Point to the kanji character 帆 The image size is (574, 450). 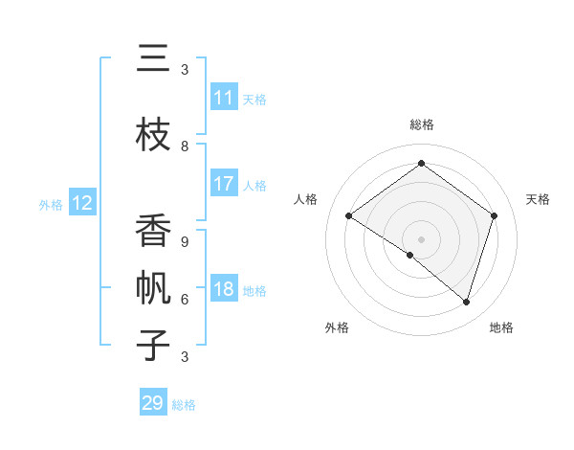(154, 290)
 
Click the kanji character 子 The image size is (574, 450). (154, 344)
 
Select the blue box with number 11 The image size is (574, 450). (224, 98)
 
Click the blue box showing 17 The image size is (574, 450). (224, 184)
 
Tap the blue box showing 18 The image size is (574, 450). (224, 290)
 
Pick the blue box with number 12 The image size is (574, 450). (81, 203)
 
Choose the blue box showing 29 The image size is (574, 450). (153, 403)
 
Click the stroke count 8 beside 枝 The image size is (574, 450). (185, 146)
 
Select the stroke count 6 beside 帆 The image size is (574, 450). (185, 299)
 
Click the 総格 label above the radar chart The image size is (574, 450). (421, 124)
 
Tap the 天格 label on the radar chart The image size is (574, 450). (539, 199)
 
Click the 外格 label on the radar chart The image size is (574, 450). (337, 327)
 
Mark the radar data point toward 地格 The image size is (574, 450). (466, 302)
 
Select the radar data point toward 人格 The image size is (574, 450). (349, 216)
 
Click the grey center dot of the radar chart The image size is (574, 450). (421, 238)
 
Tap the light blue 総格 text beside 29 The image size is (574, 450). (184, 405)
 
